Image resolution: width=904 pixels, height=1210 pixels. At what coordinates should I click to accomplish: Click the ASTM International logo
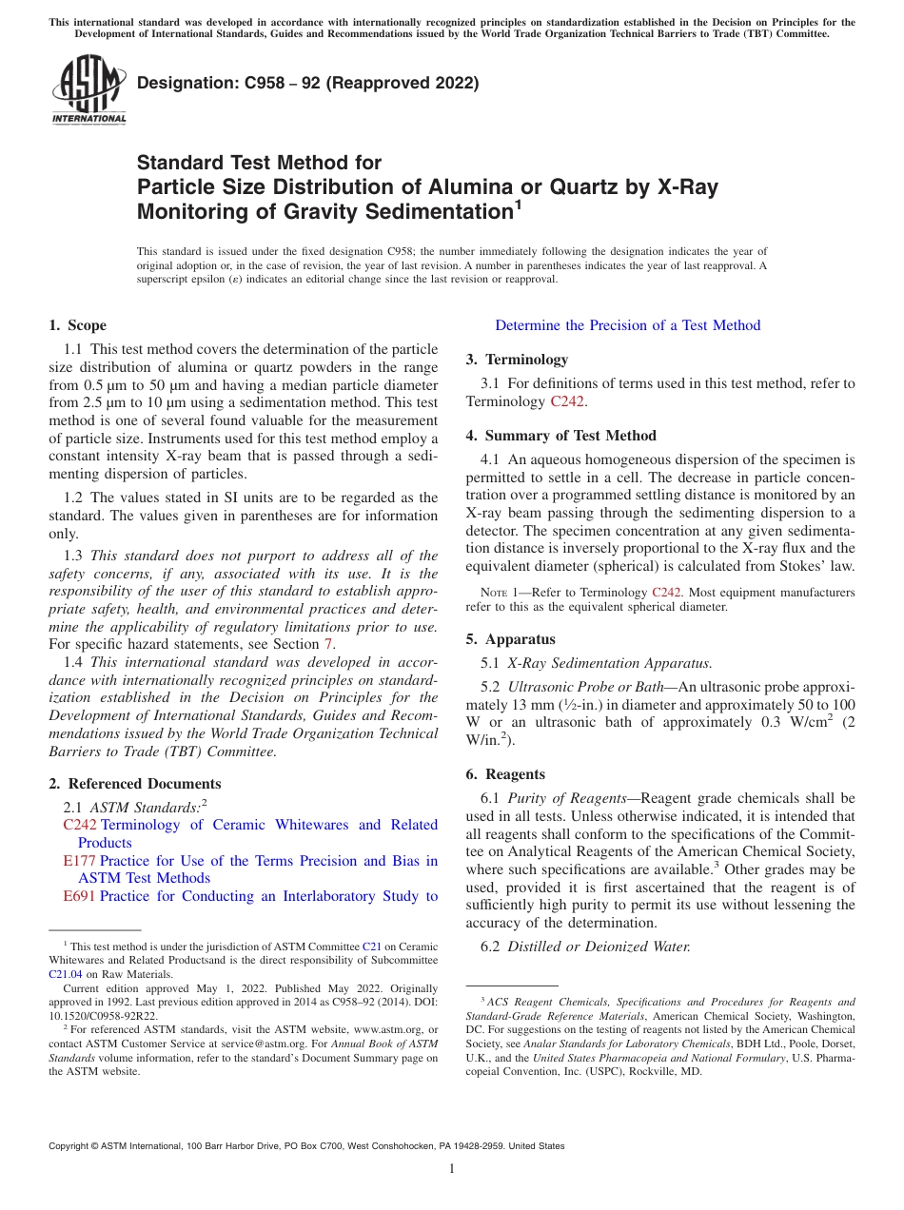[x=88, y=90]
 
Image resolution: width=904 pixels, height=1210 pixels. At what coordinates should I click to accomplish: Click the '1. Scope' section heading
[x=78, y=325]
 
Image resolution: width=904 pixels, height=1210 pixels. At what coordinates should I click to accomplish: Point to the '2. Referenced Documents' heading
[x=135, y=784]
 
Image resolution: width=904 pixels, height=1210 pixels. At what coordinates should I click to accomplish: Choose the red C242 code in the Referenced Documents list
[x=80, y=825]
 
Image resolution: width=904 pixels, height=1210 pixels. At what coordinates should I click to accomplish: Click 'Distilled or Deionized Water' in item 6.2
[x=599, y=947]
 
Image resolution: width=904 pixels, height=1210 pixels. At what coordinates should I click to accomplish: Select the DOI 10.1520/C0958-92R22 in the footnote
[x=104, y=1016]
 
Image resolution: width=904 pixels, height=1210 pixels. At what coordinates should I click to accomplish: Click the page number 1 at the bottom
[x=452, y=1168]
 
